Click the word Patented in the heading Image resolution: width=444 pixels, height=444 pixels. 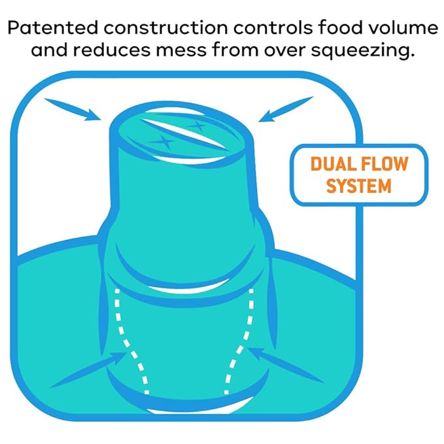coord(53,27)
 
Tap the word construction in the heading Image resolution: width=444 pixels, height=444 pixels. coord(165,27)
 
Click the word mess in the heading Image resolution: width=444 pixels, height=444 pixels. coord(182,51)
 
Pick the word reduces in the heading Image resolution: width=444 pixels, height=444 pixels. coord(112,50)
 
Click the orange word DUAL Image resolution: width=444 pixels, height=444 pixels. coord(328,163)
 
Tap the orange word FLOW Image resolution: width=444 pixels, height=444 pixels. coord(381,163)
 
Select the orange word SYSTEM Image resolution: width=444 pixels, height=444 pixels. coord(359,186)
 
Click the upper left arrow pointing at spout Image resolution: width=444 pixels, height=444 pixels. coord(73,110)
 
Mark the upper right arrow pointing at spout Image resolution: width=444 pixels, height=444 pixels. coord(286,109)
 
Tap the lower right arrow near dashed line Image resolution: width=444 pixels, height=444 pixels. coord(285,366)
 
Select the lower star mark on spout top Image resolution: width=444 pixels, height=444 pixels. coord(163,141)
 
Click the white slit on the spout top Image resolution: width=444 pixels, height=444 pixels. coord(184,133)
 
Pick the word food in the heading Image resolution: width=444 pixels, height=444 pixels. coord(340,27)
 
